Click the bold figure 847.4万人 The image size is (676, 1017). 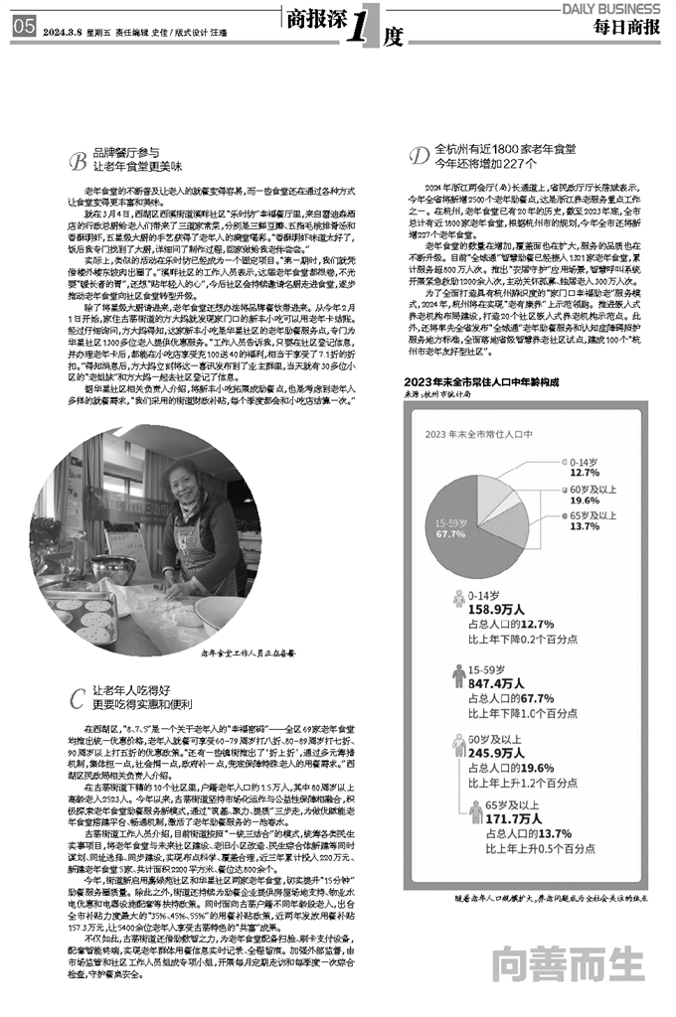point(496,684)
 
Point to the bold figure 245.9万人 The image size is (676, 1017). point(496,753)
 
